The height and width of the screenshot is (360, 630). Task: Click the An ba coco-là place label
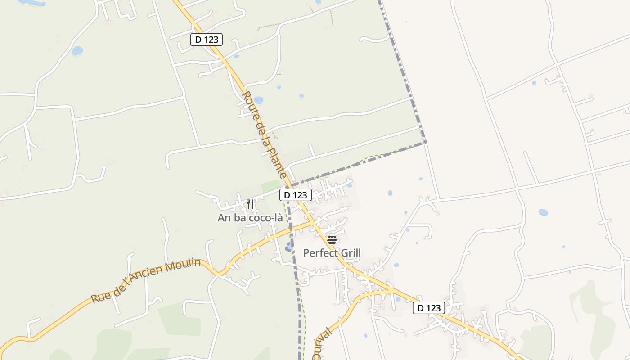(250, 218)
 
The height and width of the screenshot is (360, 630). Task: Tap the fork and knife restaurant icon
(250, 204)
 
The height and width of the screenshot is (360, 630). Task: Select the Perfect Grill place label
(332, 253)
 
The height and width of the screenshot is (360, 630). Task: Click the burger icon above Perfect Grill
(332, 239)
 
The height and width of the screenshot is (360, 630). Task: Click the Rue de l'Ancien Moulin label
(146, 281)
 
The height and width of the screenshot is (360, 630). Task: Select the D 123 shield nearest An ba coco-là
(296, 195)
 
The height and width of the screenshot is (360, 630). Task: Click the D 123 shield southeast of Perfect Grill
(429, 308)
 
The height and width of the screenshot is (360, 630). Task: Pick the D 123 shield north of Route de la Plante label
(207, 40)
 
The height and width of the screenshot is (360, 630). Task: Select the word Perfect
(319, 253)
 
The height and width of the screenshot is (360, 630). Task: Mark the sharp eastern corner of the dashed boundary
(425, 143)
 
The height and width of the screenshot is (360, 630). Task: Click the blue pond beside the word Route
(258, 100)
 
